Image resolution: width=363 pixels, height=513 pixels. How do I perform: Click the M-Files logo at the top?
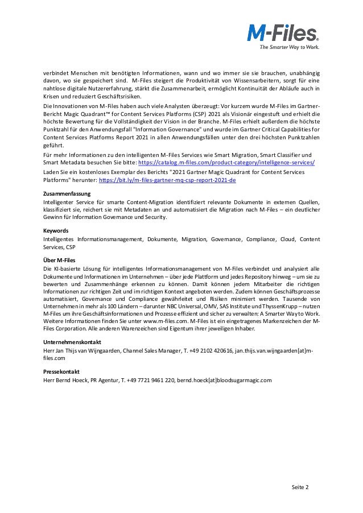coord(282,32)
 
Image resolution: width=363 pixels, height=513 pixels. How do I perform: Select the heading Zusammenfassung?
coord(64,194)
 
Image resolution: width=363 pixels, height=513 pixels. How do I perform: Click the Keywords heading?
coord(56,231)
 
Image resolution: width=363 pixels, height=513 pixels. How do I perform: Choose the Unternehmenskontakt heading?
coord(72,343)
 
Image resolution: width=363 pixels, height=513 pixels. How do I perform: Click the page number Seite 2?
coord(300,487)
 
